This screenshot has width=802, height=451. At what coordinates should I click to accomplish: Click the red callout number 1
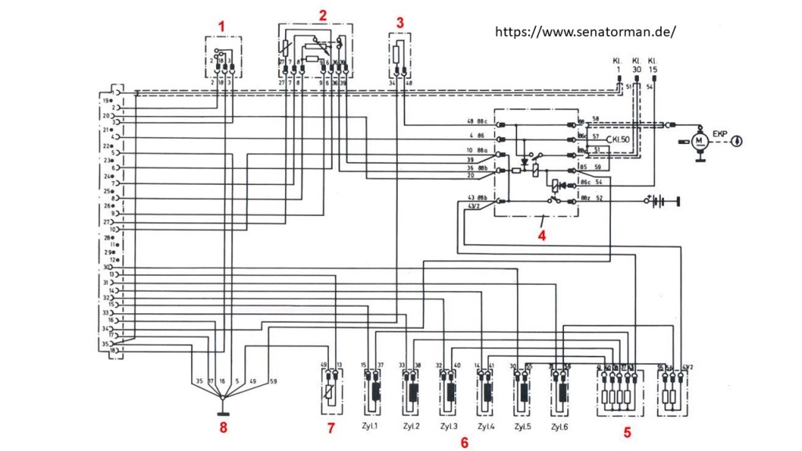tap(222, 25)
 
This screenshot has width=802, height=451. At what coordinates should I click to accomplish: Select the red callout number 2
tap(322, 15)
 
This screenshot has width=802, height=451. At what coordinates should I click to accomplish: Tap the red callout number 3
tap(400, 22)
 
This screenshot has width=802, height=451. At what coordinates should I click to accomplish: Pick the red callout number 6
tap(464, 443)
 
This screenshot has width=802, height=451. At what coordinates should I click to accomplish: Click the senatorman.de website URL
tap(585, 32)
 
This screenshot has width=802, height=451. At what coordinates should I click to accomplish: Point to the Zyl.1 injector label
tap(369, 427)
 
